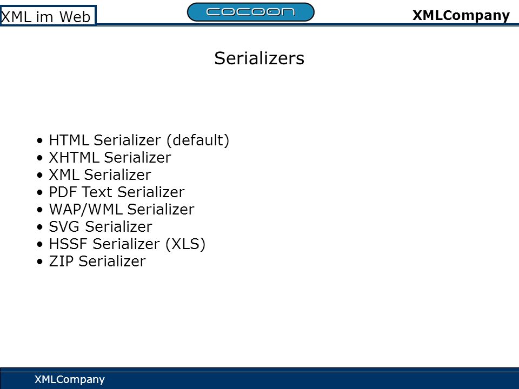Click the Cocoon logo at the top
point(250,12)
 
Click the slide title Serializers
point(259,58)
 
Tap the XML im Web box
point(48,16)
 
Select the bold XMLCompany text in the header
point(461,16)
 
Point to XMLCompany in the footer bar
point(70,379)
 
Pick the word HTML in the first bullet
point(69,140)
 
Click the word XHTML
point(74,157)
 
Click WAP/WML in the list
point(86,210)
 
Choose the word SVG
point(64,226)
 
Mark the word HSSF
point(68,244)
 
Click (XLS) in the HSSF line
point(185,244)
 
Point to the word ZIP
point(61,261)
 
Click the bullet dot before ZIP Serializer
point(40,262)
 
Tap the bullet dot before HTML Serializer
point(40,141)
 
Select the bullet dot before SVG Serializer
point(40,227)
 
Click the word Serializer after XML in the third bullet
point(117,175)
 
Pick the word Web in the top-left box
point(75,17)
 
